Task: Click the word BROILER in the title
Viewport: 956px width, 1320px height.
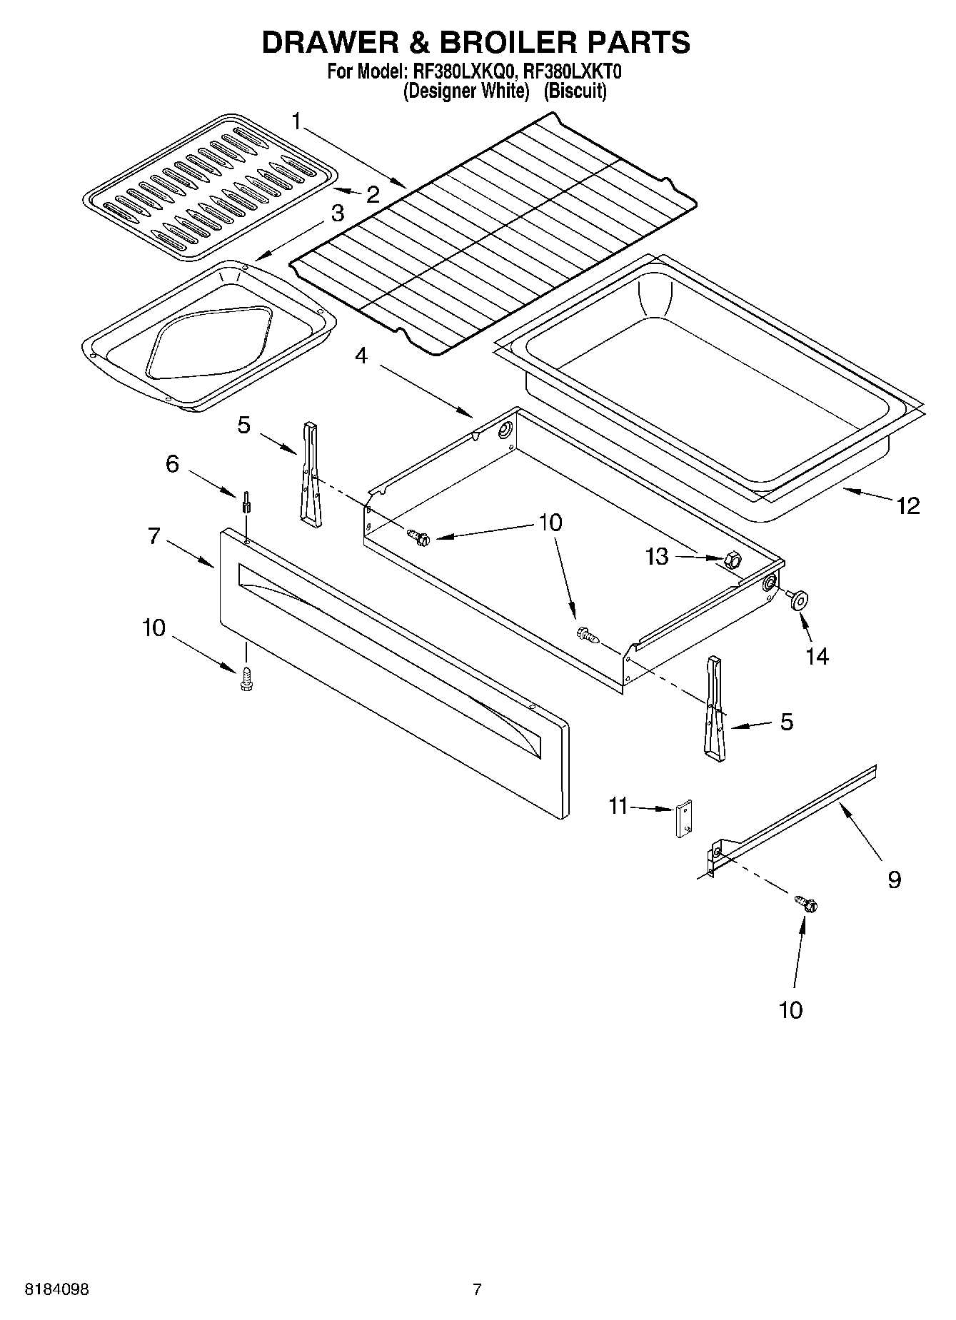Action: click(507, 43)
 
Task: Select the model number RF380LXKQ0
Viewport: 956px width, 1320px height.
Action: click(458, 72)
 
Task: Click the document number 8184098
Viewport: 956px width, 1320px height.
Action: click(57, 1290)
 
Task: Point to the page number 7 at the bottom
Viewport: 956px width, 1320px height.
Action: click(477, 1290)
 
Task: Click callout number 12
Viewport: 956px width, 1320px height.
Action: click(908, 506)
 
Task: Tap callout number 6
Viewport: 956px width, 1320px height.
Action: click(172, 464)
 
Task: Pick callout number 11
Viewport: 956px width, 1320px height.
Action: click(618, 806)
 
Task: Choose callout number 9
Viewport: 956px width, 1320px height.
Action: click(894, 879)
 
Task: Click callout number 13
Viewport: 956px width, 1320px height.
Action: click(657, 556)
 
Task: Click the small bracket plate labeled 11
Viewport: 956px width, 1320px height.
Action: click(685, 819)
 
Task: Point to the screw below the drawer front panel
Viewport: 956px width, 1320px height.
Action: click(247, 678)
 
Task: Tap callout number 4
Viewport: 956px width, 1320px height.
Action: click(362, 355)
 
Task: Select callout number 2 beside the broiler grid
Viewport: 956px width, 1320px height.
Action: click(373, 194)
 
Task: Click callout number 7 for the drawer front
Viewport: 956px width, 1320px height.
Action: click(155, 535)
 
